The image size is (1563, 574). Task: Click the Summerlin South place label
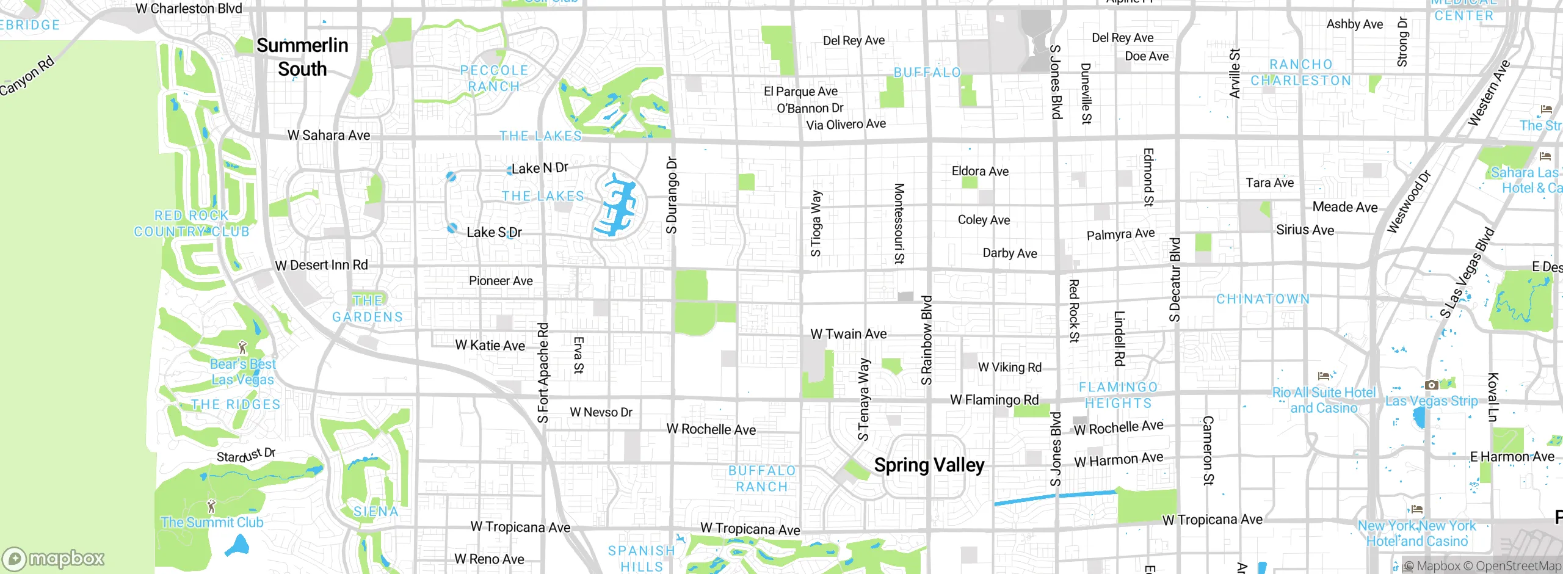302,57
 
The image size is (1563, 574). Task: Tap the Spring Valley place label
929,465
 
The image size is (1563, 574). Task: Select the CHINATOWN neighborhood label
1263,299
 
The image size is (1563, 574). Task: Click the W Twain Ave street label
848,334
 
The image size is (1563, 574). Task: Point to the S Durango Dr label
672,195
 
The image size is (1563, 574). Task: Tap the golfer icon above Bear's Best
242,347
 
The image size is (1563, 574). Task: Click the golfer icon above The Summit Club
211,506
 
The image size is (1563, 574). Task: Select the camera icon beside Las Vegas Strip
1431,385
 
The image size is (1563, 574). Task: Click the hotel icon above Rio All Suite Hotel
1324,376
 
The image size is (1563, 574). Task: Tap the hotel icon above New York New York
1417,509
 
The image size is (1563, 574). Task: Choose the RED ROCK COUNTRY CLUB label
192,223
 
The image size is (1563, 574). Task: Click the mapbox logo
54,558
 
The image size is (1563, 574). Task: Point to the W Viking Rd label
1009,367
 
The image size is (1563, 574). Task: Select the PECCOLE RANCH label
494,78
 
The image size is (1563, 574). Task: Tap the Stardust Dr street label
246,456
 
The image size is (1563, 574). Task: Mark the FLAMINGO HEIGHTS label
1118,395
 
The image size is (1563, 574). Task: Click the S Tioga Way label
816,223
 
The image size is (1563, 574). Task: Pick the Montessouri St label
899,223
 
